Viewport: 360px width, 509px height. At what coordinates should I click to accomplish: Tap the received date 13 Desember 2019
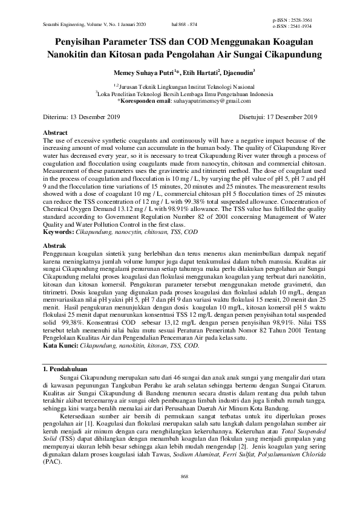94,117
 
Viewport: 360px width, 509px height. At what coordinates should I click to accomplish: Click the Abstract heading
56,131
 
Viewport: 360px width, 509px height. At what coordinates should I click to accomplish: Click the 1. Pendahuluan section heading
65,368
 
